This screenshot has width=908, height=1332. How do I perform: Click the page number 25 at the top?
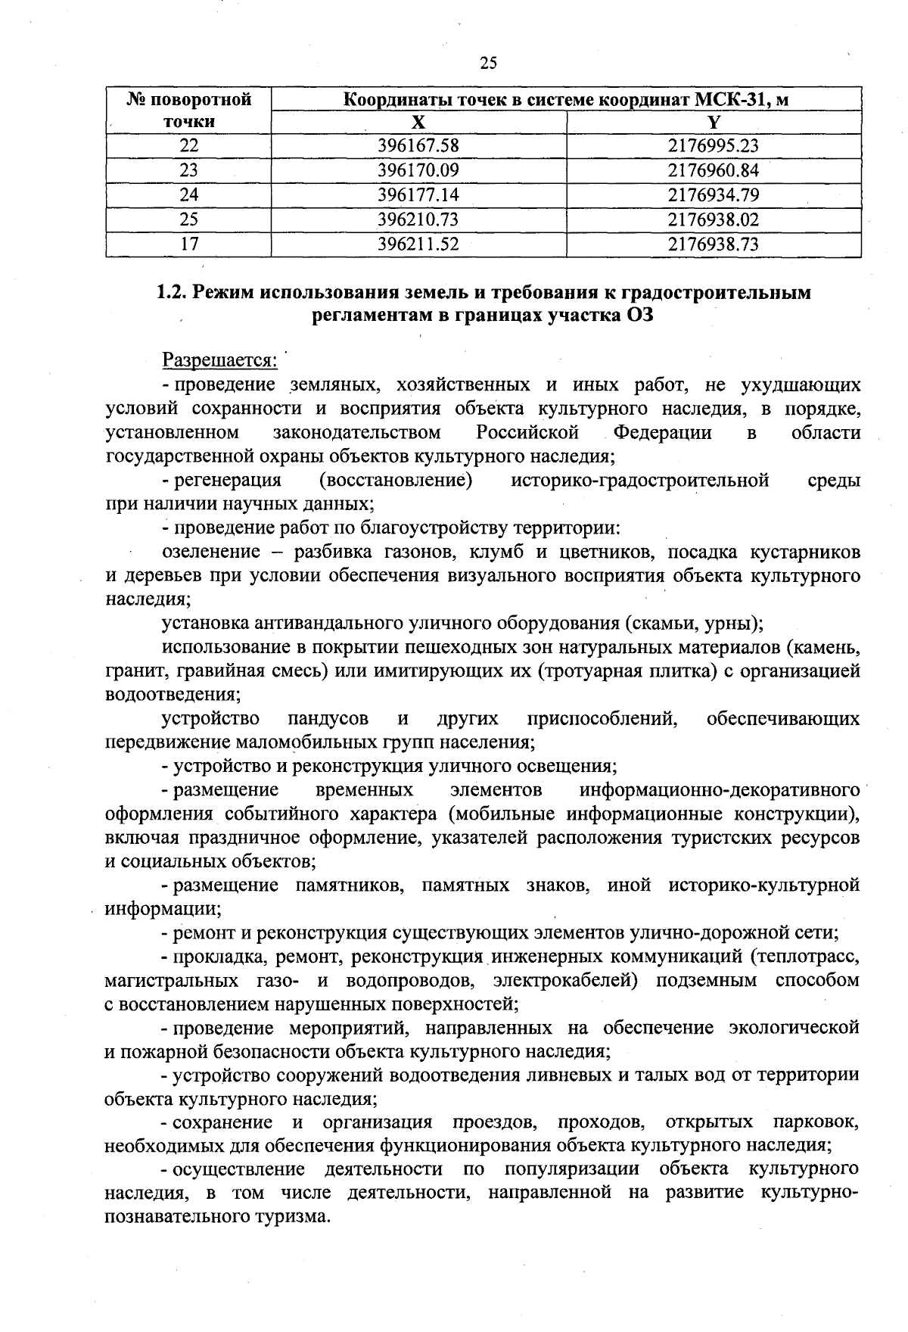488,63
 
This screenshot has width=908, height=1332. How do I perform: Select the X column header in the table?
418,123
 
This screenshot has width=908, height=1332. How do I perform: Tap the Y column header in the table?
714,123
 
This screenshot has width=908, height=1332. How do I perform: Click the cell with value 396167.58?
418,146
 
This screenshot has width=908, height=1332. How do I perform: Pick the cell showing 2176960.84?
714,170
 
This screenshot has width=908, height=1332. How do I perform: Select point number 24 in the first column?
188,195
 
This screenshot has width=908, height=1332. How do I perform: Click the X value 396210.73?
418,219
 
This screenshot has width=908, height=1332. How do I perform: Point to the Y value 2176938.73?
714,244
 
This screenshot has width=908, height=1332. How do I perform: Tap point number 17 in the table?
188,244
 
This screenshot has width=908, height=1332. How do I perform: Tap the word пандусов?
327,717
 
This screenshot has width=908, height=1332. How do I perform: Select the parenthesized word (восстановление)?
396,480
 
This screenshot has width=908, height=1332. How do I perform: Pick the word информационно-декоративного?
719,790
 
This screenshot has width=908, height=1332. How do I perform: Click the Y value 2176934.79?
714,195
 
